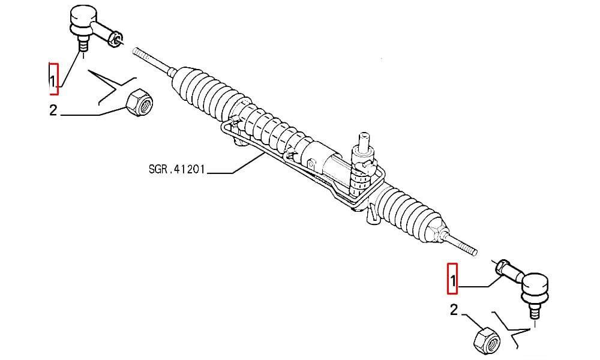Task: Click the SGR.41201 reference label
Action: coord(177,169)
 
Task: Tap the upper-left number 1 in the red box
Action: coord(53,80)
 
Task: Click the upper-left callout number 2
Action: coord(53,110)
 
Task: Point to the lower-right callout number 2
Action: coord(454,310)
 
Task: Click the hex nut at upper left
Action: coord(139,103)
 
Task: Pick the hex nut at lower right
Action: coord(487,340)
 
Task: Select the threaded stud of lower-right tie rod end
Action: coord(535,309)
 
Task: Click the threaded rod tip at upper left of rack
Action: coord(136,51)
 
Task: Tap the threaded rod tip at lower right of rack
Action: coord(474,251)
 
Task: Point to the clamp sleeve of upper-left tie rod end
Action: coord(115,38)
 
